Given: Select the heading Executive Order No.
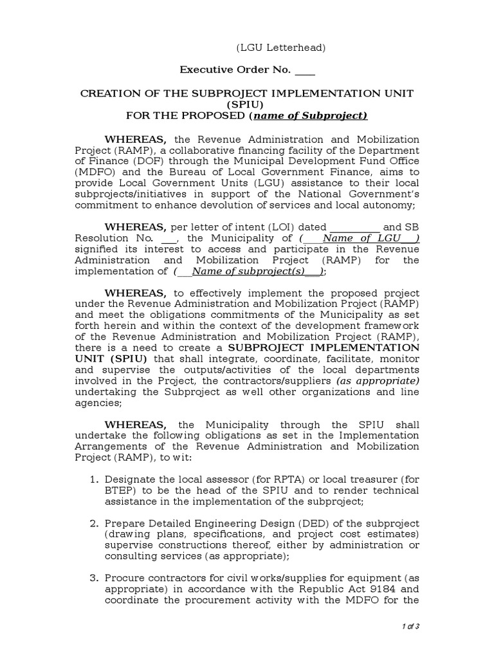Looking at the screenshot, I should (235, 70).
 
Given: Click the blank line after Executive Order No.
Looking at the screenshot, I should (306, 72).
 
